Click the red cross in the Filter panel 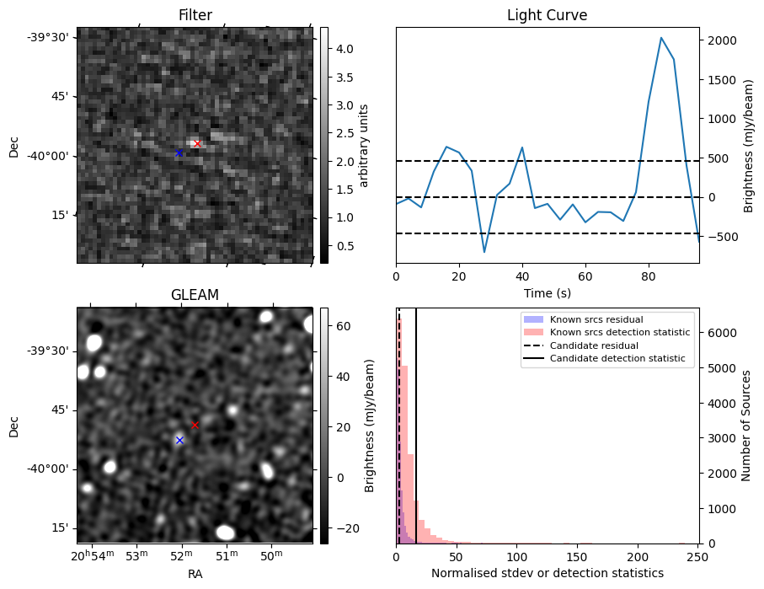pyautogui.click(x=197, y=144)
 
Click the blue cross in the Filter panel pyautogui.click(x=179, y=153)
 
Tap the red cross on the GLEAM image pyautogui.click(x=195, y=426)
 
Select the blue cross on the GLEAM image pyautogui.click(x=179, y=441)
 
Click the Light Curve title pyautogui.click(x=548, y=15)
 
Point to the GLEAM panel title pyautogui.click(x=195, y=295)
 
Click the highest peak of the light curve pyautogui.click(x=661, y=38)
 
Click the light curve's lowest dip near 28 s pyautogui.click(x=484, y=252)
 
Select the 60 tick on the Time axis pyautogui.click(x=585, y=276)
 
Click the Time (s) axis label pyautogui.click(x=548, y=293)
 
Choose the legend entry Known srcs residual pyautogui.click(x=596, y=319)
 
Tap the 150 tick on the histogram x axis pyautogui.click(x=577, y=557)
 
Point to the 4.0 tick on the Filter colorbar pyautogui.click(x=345, y=49)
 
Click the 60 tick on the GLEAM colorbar pyautogui.click(x=344, y=326)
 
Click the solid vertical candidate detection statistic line pyautogui.click(x=416, y=426)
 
